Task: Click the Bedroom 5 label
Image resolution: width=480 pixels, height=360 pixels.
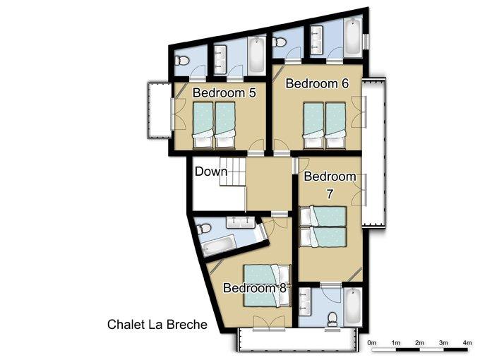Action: click(224, 92)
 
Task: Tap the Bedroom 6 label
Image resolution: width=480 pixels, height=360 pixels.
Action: click(317, 83)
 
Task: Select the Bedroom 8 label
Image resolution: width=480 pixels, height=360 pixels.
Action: click(255, 288)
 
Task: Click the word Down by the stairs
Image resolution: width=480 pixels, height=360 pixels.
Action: click(211, 172)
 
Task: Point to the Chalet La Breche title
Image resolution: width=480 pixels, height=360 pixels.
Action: click(157, 325)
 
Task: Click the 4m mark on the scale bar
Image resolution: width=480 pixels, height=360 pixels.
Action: click(467, 343)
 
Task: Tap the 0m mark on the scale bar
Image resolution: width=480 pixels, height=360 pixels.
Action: click(371, 343)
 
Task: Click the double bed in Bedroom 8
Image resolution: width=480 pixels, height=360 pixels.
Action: click(267, 286)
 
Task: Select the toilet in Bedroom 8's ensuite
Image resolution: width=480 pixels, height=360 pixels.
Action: click(203, 229)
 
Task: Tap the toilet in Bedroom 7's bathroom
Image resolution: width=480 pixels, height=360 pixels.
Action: click(332, 319)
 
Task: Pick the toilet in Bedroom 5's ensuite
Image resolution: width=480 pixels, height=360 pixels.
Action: click(182, 61)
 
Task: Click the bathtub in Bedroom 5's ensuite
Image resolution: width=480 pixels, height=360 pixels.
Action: click(256, 55)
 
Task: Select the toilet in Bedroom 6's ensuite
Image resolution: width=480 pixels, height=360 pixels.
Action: click(279, 42)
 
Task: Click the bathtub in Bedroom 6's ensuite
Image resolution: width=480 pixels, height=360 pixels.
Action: click(353, 37)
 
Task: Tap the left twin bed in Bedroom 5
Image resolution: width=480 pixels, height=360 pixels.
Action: click(203, 125)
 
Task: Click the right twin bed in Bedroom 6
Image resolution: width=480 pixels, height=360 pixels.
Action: click(335, 125)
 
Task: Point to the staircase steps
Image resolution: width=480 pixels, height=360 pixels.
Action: click(233, 172)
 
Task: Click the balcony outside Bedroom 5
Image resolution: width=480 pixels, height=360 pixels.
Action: click(160, 110)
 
